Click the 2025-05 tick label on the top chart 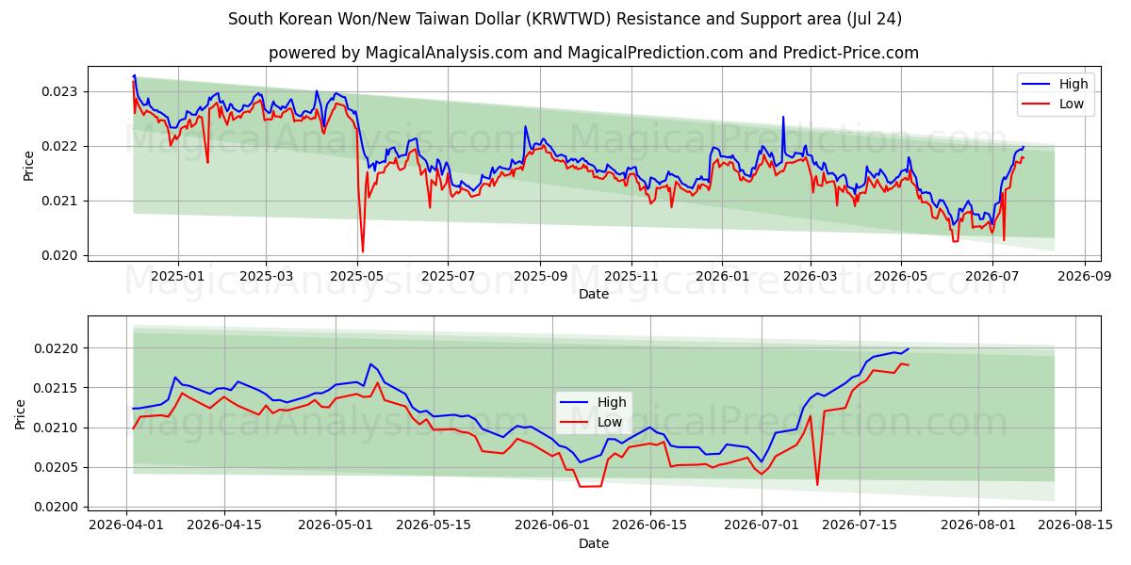357,277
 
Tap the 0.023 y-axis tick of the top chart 59,92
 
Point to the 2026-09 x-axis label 1085,277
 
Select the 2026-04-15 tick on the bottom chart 224,525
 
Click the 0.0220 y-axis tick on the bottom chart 55,348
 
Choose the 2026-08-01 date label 978,525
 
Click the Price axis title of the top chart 28,166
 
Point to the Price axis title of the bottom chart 20,414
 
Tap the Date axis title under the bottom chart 594,543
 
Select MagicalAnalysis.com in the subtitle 447,53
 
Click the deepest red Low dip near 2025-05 363,251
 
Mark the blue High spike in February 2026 783,118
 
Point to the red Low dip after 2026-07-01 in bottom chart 817,484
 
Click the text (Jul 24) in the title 875,19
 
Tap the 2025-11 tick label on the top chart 631,277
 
